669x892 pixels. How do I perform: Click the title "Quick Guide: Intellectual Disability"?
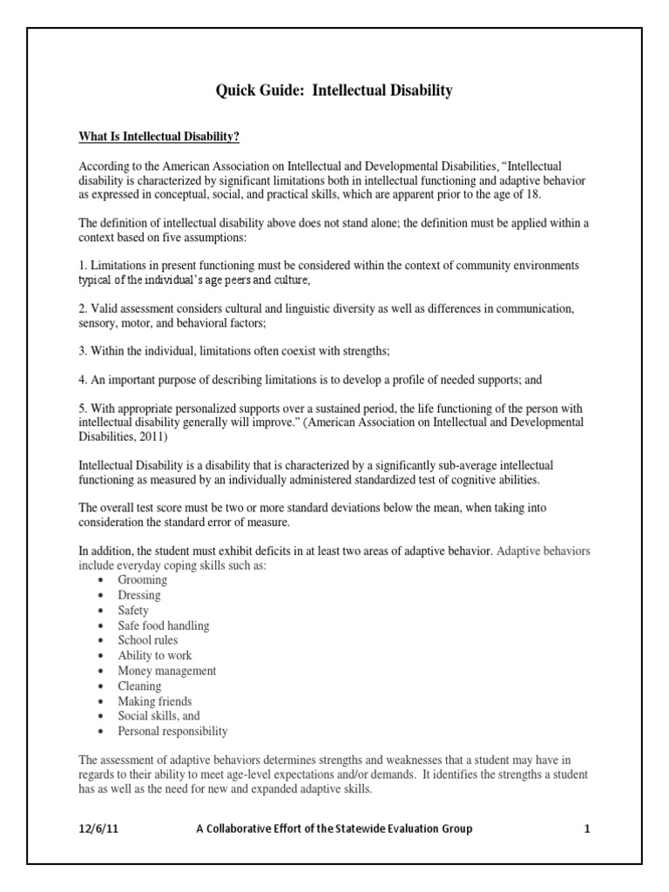[334, 91]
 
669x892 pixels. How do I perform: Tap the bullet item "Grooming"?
[143, 580]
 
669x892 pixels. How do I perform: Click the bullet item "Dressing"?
[139, 595]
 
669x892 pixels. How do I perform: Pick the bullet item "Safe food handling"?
[164, 625]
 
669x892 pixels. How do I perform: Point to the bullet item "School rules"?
[148, 640]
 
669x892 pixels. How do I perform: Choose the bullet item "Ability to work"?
[155, 655]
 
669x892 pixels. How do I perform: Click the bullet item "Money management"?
[167, 671]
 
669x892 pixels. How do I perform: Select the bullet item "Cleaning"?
[139, 686]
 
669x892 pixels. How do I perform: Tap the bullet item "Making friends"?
[155, 701]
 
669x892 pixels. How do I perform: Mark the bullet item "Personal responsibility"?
[172, 731]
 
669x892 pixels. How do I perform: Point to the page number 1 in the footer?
[587, 828]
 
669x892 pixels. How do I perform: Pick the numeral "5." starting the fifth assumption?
[84, 409]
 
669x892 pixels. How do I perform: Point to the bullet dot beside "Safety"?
[102, 611]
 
